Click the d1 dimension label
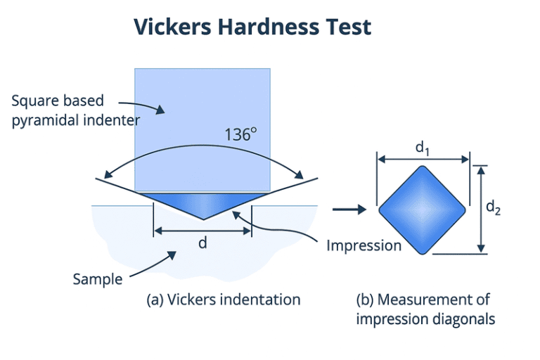click(x=423, y=148)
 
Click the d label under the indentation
click(x=202, y=243)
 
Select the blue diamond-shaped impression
click(x=423, y=210)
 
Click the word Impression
click(x=364, y=245)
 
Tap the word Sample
click(x=97, y=279)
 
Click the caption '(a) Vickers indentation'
click(x=223, y=300)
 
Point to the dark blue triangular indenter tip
click(x=202, y=205)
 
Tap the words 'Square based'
click(x=52, y=101)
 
